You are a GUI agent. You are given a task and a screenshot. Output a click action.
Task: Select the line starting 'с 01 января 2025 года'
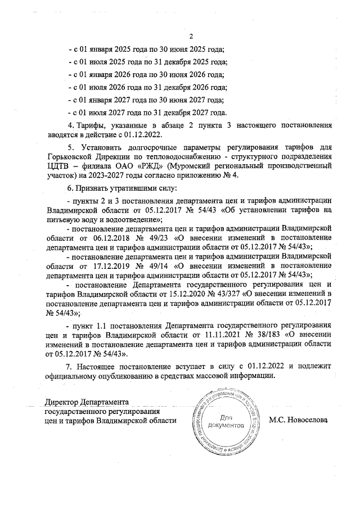(x=145, y=49)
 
